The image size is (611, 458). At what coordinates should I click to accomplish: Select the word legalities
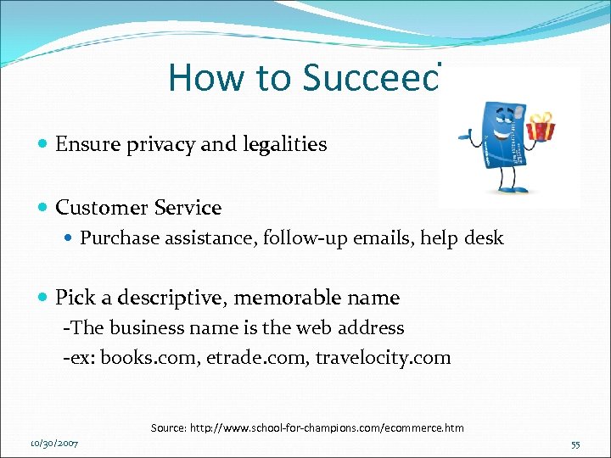pos(283,144)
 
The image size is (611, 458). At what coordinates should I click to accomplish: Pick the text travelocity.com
pos(383,358)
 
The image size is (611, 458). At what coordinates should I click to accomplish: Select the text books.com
pos(149,358)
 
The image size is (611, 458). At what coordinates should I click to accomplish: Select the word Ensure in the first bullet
pos(83,144)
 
